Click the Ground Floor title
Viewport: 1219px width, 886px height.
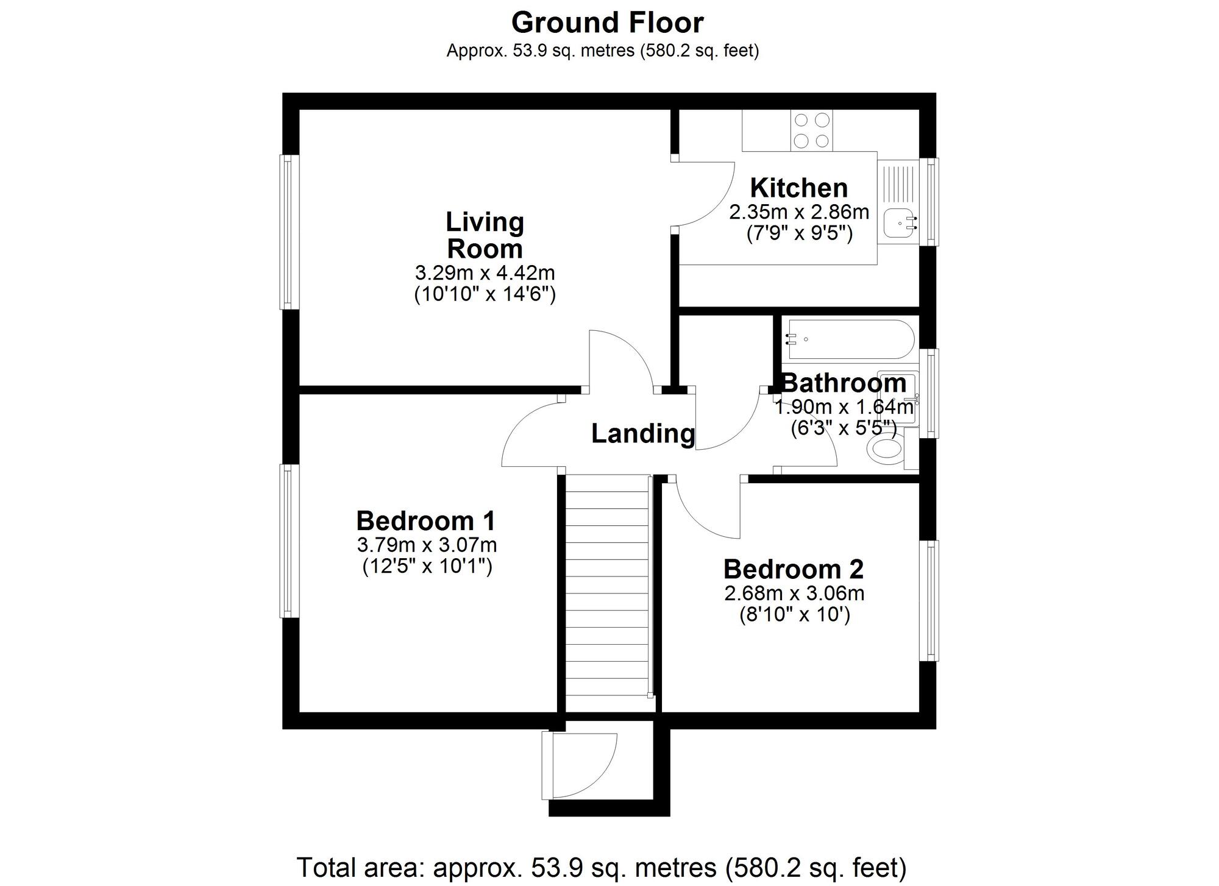pyautogui.click(x=608, y=23)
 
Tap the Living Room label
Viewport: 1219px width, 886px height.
pyautogui.click(x=485, y=235)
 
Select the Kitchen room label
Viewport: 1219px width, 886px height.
pyautogui.click(x=799, y=188)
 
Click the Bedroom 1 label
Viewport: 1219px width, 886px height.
pyautogui.click(x=426, y=521)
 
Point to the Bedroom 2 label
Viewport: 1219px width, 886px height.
pyautogui.click(x=794, y=569)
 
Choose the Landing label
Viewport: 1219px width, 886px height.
pyautogui.click(x=643, y=434)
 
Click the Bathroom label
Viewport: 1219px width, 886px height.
pyautogui.click(x=844, y=383)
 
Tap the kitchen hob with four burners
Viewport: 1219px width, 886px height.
pyautogui.click(x=811, y=130)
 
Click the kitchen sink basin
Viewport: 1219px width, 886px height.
pyautogui.click(x=897, y=224)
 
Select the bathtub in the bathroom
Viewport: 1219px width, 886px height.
pyautogui.click(x=848, y=339)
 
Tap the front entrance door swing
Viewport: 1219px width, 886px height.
pyautogui.click(x=584, y=765)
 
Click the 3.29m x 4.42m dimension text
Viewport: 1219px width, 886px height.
pyautogui.click(x=485, y=272)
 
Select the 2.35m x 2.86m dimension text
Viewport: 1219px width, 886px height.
pyautogui.click(x=799, y=212)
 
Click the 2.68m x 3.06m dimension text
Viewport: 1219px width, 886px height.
pyautogui.click(x=794, y=592)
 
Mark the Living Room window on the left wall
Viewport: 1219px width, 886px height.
pyautogui.click(x=290, y=232)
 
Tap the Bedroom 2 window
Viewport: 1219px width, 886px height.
pyautogui.click(x=929, y=600)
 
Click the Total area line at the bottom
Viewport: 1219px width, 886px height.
pyautogui.click(x=602, y=868)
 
